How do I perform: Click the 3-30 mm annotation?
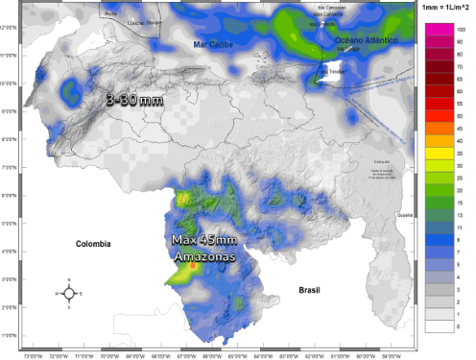pos(132,98)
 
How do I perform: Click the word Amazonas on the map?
pos(203,257)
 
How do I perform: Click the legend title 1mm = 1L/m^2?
pos(444,7)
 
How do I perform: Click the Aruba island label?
pos(108,15)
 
